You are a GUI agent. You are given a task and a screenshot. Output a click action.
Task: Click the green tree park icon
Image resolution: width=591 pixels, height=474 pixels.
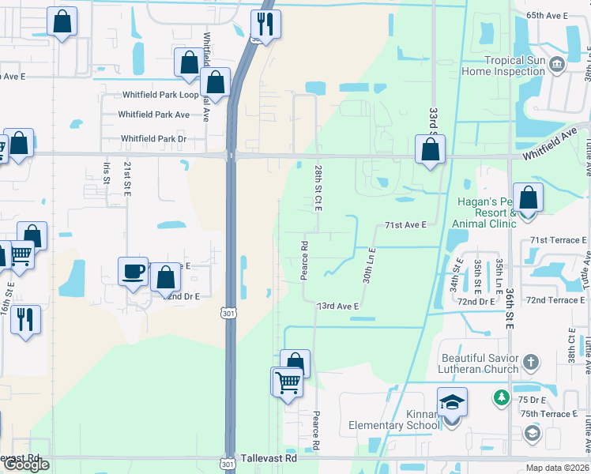(501, 397)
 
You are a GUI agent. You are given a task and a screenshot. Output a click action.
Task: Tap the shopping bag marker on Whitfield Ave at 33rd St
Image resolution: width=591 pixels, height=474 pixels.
(429, 149)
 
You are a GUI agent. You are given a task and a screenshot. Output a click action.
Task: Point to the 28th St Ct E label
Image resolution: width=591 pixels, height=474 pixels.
(318, 188)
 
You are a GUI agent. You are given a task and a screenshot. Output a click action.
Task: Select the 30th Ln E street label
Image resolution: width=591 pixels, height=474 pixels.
(369, 264)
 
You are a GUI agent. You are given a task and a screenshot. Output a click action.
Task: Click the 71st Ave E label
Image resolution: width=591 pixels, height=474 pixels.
(405, 225)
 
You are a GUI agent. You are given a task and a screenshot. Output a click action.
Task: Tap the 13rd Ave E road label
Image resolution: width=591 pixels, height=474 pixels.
(338, 306)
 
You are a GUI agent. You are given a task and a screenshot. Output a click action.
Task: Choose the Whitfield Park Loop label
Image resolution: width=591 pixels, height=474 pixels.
(160, 95)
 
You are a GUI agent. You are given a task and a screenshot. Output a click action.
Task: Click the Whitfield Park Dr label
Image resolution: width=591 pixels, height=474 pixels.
(153, 139)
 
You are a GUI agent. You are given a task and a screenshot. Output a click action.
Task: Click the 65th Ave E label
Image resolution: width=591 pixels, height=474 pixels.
(548, 16)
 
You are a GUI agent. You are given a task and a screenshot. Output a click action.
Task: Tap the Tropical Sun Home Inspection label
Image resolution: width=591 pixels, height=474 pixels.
(514, 66)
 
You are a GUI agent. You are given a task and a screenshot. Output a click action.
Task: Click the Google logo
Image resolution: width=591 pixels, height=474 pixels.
(27, 465)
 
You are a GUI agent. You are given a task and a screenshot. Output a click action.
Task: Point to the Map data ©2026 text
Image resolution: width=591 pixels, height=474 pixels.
(557, 468)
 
